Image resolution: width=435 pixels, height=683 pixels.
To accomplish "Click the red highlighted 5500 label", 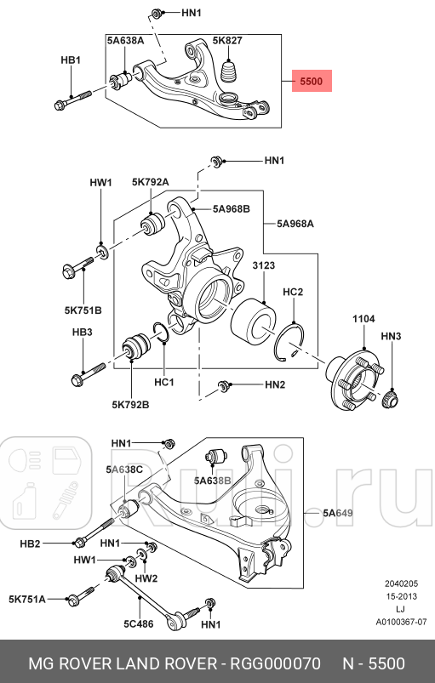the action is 312,81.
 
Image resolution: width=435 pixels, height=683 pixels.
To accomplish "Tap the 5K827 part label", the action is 227,41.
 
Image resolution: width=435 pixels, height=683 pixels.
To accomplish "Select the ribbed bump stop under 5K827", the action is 230,71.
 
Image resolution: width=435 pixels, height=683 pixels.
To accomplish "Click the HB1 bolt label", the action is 71,60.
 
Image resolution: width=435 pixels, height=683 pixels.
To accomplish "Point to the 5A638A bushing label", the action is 125,41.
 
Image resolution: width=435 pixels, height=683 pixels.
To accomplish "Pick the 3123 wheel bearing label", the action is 264,265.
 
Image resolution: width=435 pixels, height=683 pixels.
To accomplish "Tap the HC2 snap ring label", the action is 293,292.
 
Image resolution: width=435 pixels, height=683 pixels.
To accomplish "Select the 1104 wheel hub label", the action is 363,319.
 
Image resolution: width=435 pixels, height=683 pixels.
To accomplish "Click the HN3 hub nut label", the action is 391,336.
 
